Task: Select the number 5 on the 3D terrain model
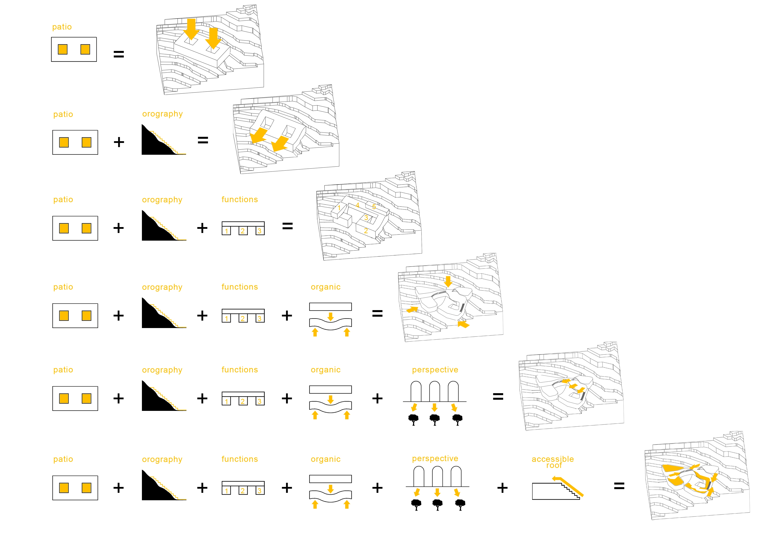[x=374, y=207]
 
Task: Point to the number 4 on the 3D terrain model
[x=357, y=205]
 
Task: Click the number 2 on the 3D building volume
[x=366, y=231]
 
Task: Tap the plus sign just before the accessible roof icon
[x=502, y=488]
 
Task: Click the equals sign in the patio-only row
[x=119, y=54]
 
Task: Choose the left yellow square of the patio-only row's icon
[x=63, y=49]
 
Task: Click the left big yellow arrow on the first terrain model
[x=191, y=29]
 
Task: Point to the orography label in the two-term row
[x=162, y=114]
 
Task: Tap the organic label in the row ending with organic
[x=326, y=287]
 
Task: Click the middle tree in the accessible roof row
[x=438, y=505]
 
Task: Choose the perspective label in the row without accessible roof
[x=435, y=370]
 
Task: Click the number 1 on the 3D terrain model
[x=339, y=208]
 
